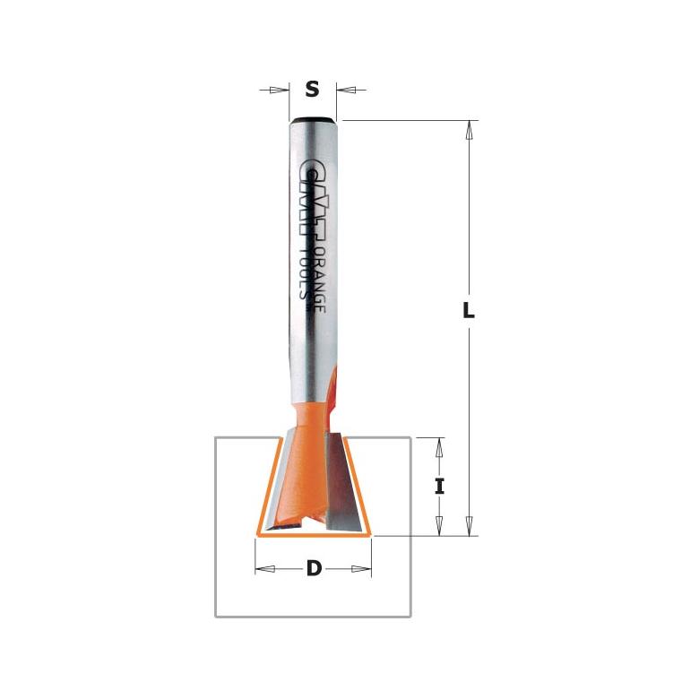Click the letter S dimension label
tap(312, 90)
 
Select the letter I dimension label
tap(439, 487)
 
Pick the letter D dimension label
tap(314, 568)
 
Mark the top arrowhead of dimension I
tap(439, 445)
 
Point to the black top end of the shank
tap(314, 118)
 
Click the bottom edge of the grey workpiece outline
tap(314, 616)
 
